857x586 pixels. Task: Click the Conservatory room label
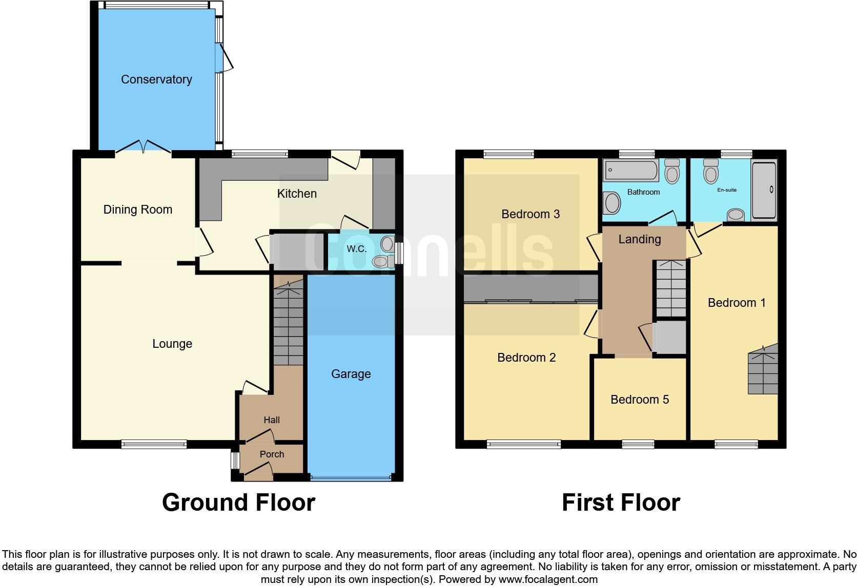pos(156,79)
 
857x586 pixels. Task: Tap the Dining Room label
pos(137,210)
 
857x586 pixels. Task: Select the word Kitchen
pos(297,194)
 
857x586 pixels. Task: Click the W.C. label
pos(356,249)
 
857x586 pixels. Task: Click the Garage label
pos(351,374)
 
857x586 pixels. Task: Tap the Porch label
pos(272,454)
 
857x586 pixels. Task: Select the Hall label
pos(272,420)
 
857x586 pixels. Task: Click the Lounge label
pos(172,344)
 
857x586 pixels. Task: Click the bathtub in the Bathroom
pos(630,170)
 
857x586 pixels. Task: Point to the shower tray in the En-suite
pos(764,189)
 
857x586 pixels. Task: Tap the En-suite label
pos(727,190)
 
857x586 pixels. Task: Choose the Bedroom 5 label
pos(640,400)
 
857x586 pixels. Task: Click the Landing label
pos(639,239)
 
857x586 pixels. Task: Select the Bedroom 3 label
pos(530,214)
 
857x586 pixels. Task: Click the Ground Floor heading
pos(238,503)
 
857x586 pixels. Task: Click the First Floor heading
pos(621,503)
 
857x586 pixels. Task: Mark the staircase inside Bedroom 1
pos(763,370)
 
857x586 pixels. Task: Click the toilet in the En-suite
pos(711,172)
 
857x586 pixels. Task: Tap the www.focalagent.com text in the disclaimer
pos(547,580)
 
